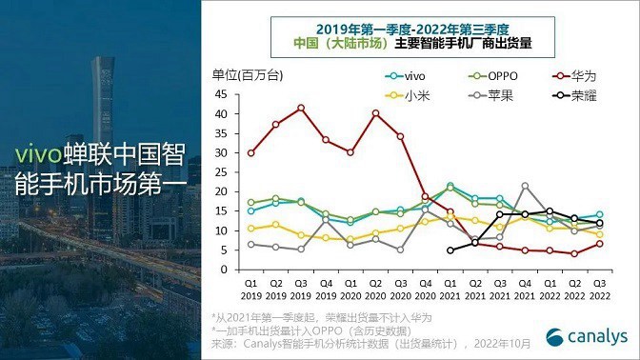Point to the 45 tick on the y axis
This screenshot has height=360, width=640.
point(226,93)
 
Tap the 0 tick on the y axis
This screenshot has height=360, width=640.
point(230,270)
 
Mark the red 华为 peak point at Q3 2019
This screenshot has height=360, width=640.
point(301,108)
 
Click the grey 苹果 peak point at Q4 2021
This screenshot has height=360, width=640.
point(524,186)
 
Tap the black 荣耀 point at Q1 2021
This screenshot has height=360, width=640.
point(450,250)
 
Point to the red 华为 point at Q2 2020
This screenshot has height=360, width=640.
point(375,113)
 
